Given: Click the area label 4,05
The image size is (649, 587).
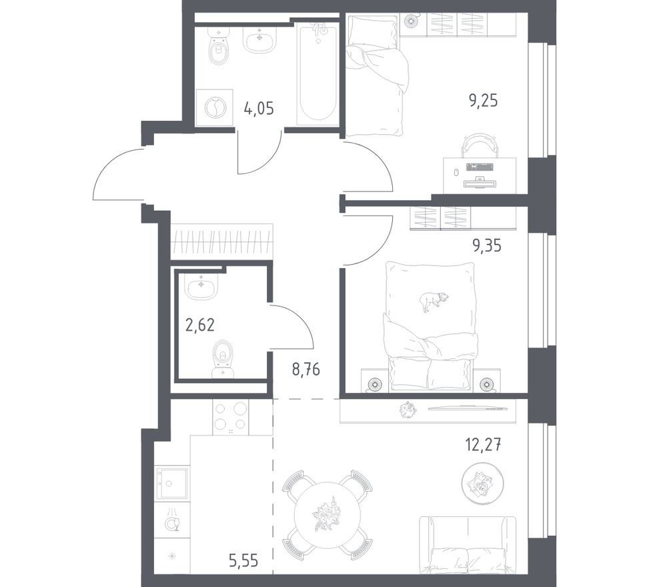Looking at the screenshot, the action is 259,109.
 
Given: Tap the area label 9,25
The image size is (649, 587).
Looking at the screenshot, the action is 483,100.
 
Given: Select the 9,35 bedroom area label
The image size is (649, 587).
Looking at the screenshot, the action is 487,245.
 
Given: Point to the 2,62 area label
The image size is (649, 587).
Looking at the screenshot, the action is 200,325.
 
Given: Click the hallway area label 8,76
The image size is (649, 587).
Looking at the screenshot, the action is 306,369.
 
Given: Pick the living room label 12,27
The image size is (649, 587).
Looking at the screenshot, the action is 484,446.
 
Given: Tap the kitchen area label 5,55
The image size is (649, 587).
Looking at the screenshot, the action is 243,561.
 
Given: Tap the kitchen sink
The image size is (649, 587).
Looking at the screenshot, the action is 172,484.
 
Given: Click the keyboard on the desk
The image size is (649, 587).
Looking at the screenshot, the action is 480,167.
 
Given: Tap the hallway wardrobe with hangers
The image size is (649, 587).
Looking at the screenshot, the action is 221,241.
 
